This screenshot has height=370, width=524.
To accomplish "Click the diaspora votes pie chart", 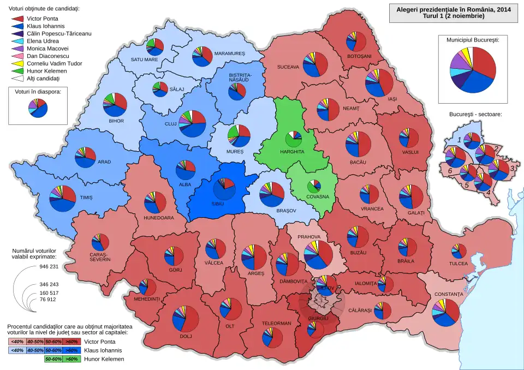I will (x=38, y=108).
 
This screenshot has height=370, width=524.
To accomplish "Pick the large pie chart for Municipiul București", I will (x=473, y=70).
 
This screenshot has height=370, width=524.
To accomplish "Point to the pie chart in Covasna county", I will (x=314, y=186).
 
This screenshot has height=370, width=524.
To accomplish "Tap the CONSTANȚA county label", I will (x=449, y=295).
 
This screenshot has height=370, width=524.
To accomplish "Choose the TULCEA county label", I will (x=458, y=264).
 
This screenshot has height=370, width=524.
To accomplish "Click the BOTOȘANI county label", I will (x=359, y=57).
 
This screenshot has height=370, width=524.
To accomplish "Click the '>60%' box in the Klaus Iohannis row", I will (x=70, y=350).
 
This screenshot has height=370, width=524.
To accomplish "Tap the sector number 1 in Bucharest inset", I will (x=459, y=140).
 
